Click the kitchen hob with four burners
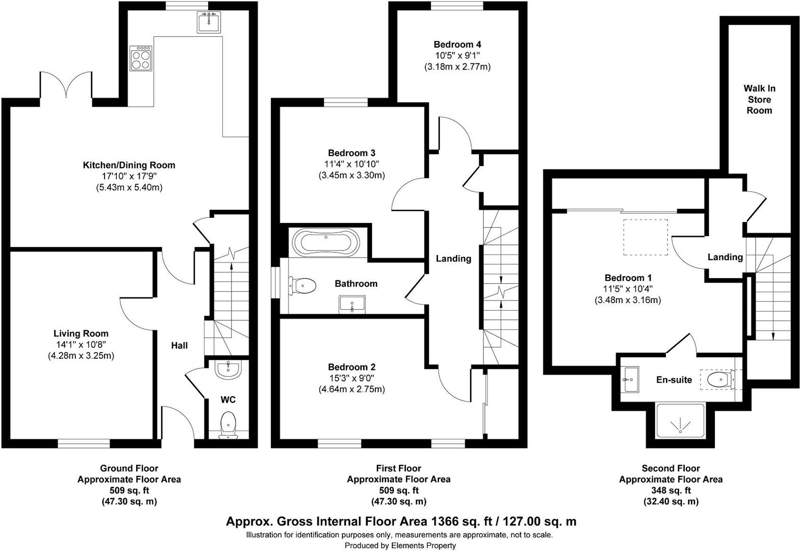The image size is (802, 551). (141, 58)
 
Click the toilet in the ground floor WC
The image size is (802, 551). (229, 425)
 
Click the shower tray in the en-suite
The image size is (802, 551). (680, 421)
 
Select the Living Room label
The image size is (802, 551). (81, 334)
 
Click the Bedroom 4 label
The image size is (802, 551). (457, 44)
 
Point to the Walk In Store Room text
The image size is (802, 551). (759, 99)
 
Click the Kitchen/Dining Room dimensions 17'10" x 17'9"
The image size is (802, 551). (129, 177)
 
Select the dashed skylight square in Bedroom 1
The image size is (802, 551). (645, 237)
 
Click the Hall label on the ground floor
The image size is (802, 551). (179, 345)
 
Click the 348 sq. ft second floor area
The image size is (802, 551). (670, 490)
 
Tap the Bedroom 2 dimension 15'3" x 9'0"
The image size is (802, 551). (351, 378)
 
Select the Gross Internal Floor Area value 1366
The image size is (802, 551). (446, 521)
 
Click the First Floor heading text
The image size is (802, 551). (398, 468)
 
